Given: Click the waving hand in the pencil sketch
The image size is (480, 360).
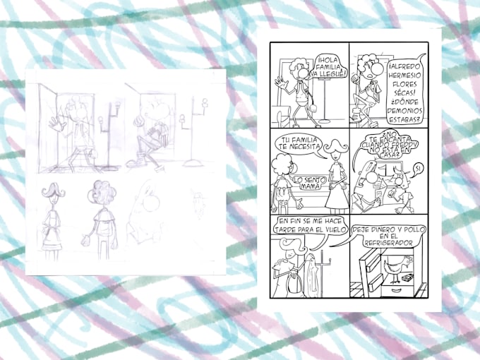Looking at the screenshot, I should tap(52, 124).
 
